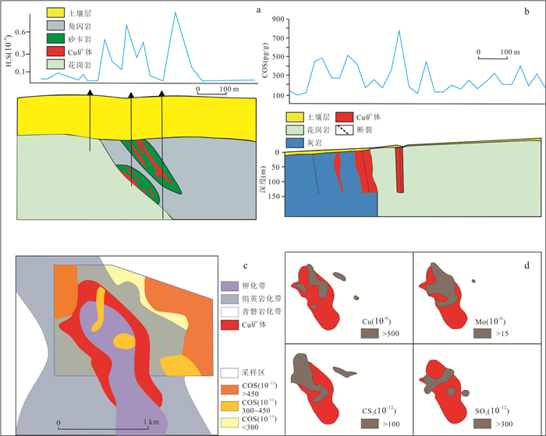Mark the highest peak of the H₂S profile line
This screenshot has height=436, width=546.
click(x=174, y=12)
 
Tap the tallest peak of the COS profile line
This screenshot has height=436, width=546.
click(x=399, y=30)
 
